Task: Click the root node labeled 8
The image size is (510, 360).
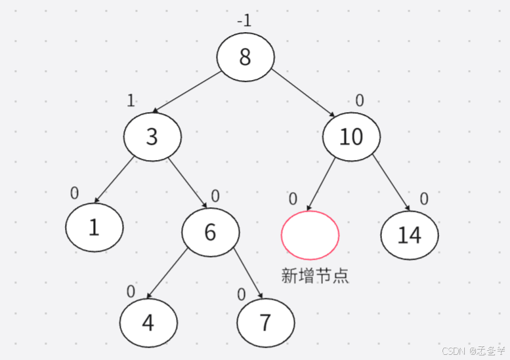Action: point(245,57)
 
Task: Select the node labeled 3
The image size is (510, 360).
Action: point(152,136)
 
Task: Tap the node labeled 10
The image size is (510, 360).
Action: point(351,136)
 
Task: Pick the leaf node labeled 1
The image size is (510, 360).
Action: point(94,227)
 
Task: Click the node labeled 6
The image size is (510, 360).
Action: point(210,232)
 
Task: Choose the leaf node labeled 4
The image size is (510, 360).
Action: point(148,323)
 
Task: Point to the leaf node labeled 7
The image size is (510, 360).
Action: point(265,323)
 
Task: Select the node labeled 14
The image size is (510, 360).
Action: point(409,234)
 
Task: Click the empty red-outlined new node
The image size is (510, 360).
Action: point(310,235)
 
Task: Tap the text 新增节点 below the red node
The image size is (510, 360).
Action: point(315,275)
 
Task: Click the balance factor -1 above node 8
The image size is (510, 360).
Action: point(244,21)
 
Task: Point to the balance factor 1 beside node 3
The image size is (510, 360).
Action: point(131,100)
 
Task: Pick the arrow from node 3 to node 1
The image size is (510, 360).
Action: point(116,178)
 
